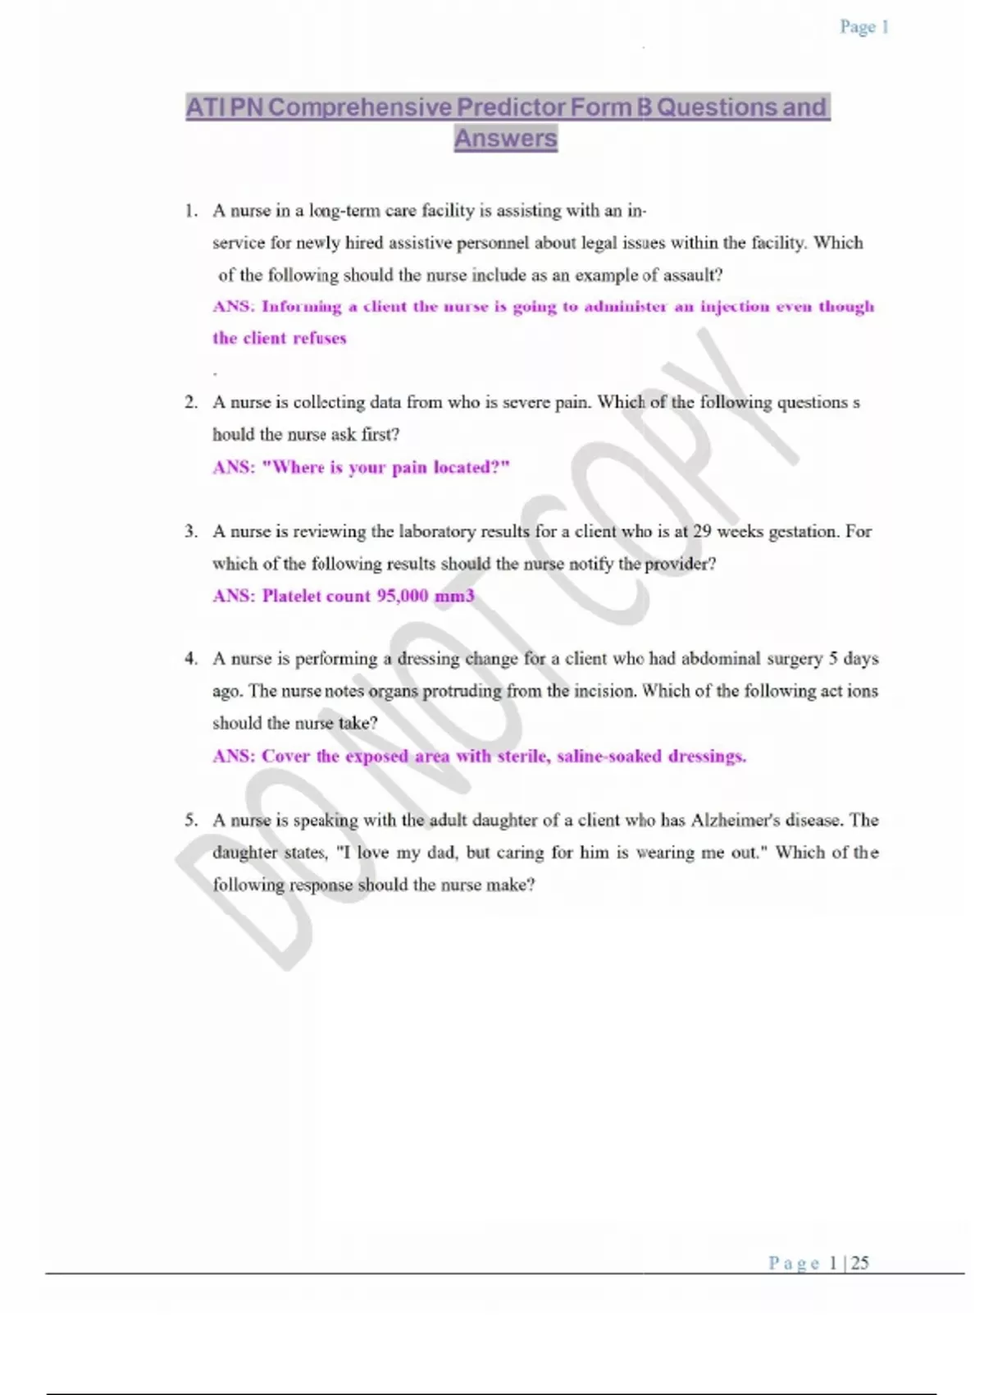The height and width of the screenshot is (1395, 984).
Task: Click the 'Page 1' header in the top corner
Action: point(863,27)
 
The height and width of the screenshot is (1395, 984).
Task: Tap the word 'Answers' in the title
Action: point(506,138)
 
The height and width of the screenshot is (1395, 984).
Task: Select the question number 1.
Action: point(190,211)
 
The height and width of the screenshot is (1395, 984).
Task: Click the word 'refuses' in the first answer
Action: point(320,338)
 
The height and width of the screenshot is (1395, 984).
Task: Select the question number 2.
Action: point(190,402)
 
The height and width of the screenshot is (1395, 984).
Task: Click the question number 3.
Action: point(190,531)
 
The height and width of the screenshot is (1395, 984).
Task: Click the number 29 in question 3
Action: point(702,531)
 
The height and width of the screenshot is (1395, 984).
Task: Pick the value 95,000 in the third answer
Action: point(402,596)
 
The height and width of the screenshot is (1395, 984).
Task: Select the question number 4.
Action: point(190,658)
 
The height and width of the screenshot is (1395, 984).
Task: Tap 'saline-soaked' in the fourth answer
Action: point(608,756)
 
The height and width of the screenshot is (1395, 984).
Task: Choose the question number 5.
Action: point(190,820)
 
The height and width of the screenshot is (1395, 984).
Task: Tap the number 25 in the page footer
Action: point(859,1263)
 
